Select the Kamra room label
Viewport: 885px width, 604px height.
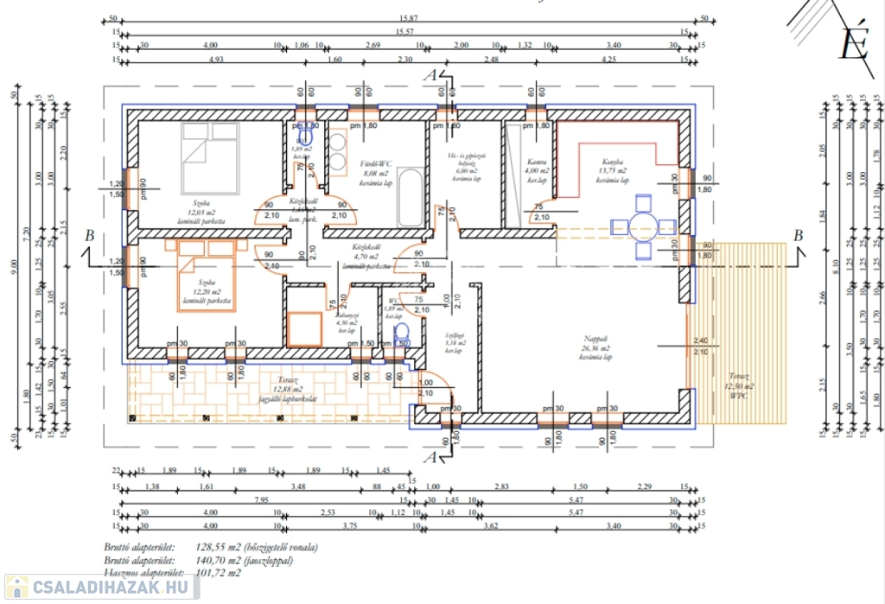[x=536, y=162]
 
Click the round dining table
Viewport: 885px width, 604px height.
[x=643, y=227]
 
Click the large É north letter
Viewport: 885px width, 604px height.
[x=853, y=45]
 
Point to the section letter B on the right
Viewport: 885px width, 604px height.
[x=799, y=236]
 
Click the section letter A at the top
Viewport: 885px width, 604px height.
[x=429, y=76]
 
